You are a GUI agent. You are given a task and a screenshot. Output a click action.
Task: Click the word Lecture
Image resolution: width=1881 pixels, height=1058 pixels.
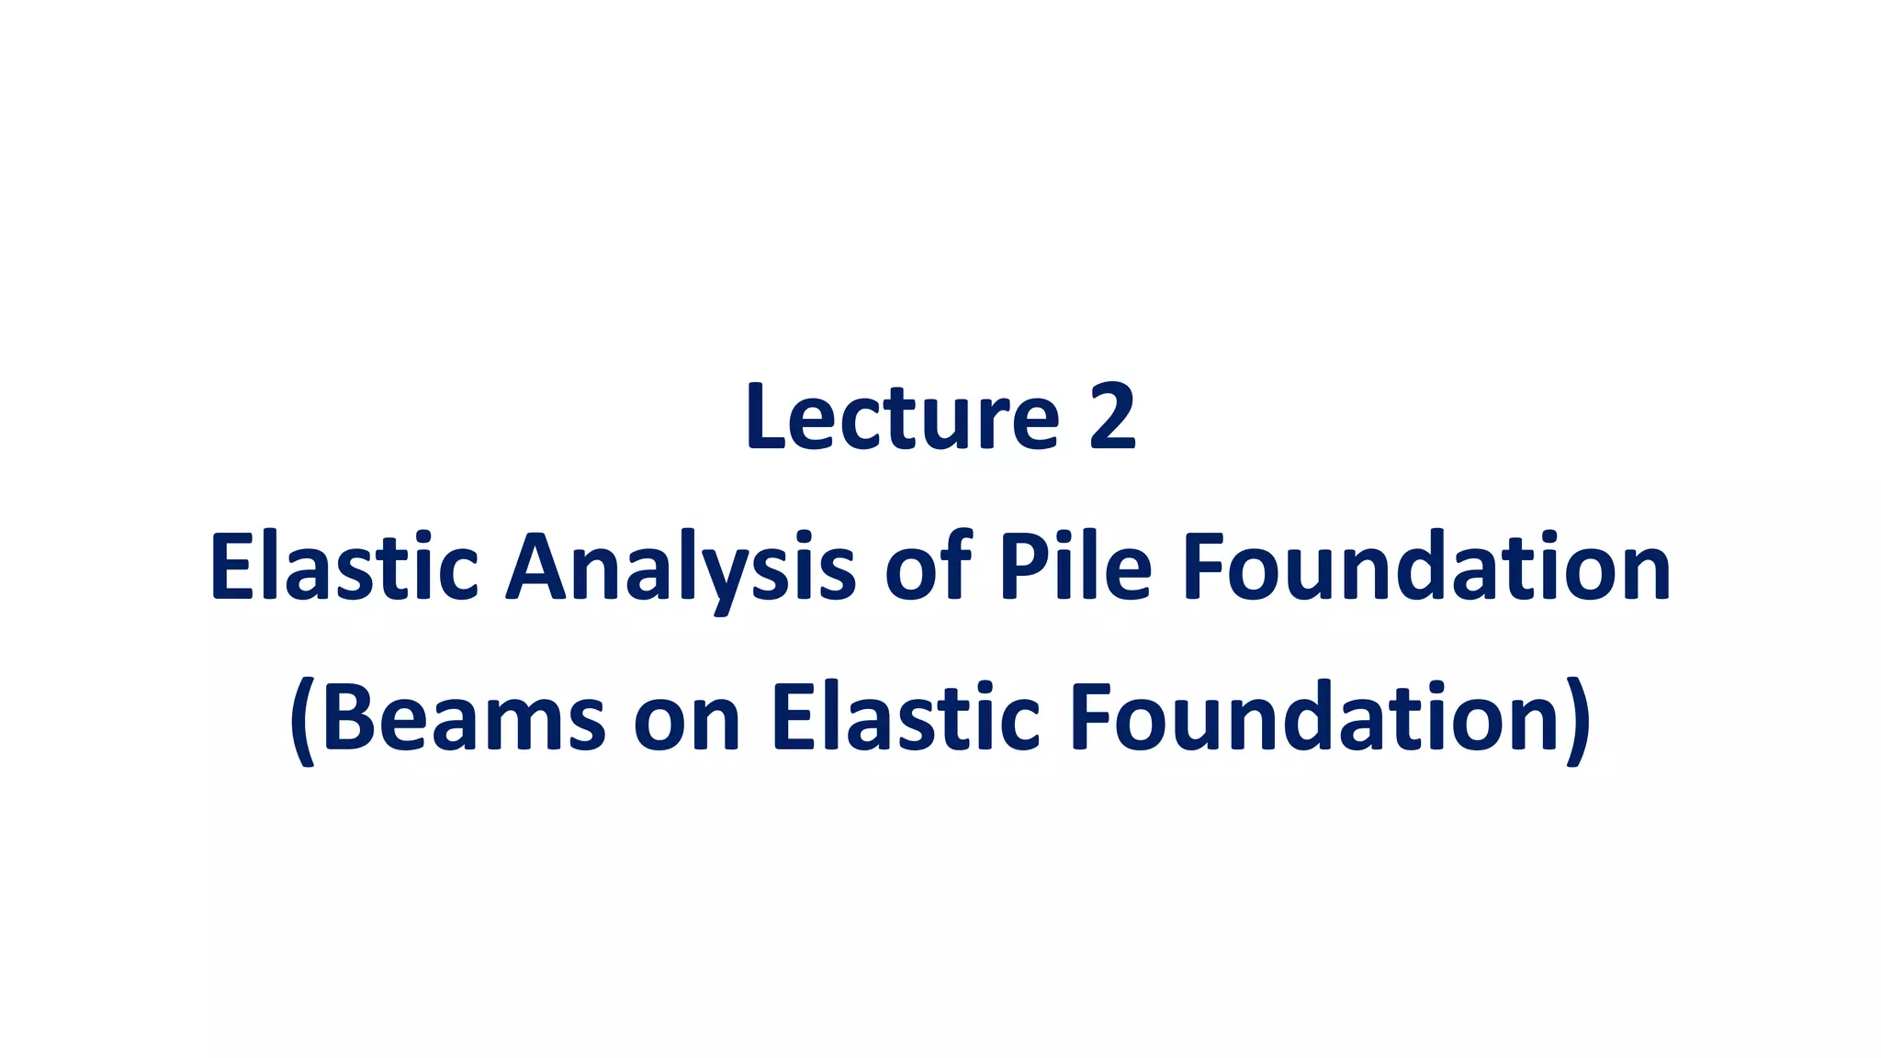click(x=902, y=417)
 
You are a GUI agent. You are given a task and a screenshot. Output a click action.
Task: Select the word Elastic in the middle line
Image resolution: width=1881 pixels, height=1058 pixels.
click(x=344, y=568)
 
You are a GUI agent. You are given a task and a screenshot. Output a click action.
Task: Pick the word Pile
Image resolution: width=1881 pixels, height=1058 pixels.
click(x=1076, y=567)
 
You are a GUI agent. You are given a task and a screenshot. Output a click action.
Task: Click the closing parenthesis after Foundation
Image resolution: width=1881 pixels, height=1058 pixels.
click(x=1578, y=721)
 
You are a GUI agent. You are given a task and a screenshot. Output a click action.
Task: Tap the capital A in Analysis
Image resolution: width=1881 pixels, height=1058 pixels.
click(x=540, y=568)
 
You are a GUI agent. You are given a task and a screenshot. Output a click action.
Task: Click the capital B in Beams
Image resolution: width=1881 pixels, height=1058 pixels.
click(x=350, y=717)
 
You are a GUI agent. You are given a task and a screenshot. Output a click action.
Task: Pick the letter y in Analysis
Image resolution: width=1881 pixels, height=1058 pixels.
click(x=726, y=577)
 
